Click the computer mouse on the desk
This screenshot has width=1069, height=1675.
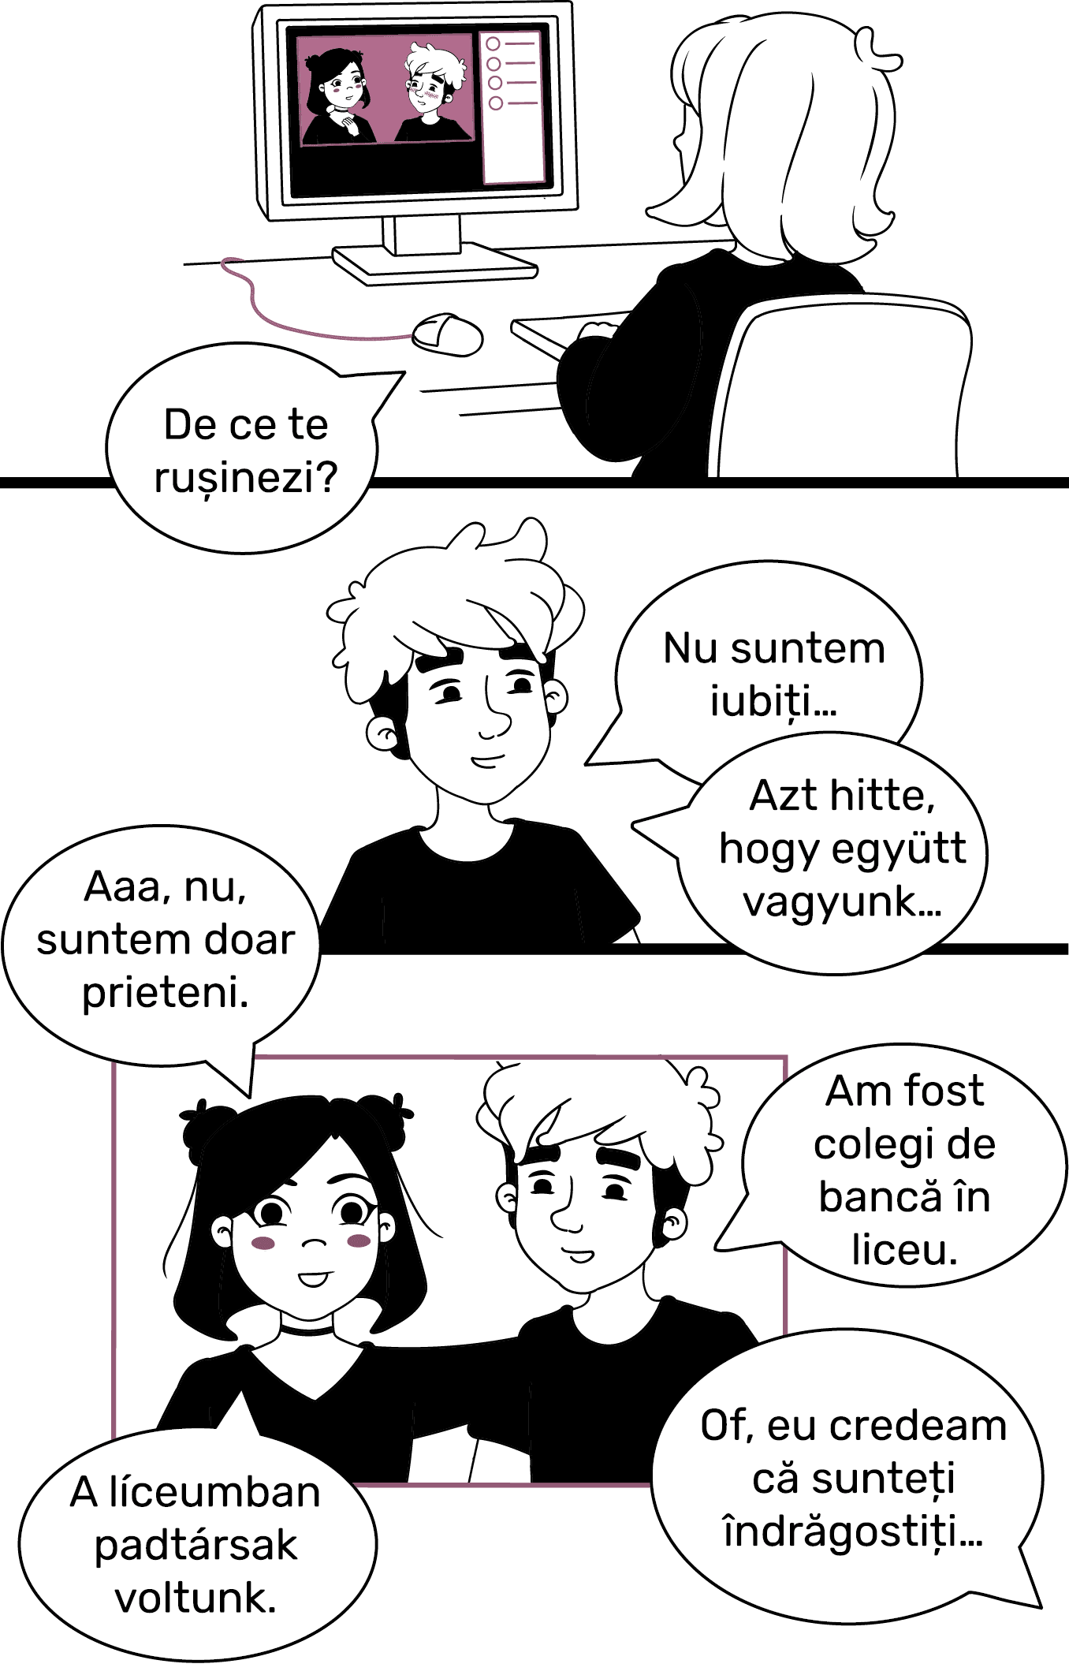click(448, 334)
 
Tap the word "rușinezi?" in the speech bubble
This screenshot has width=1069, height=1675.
click(246, 478)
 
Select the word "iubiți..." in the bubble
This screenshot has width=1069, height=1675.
click(773, 700)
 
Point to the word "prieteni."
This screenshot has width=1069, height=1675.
click(166, 992)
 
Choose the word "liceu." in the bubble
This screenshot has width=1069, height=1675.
click(904, 1250)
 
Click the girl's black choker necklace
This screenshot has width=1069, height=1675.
click(308, 1330)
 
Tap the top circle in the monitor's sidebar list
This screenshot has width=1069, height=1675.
click(494, 44)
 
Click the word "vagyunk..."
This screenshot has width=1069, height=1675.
click(842, 902)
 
